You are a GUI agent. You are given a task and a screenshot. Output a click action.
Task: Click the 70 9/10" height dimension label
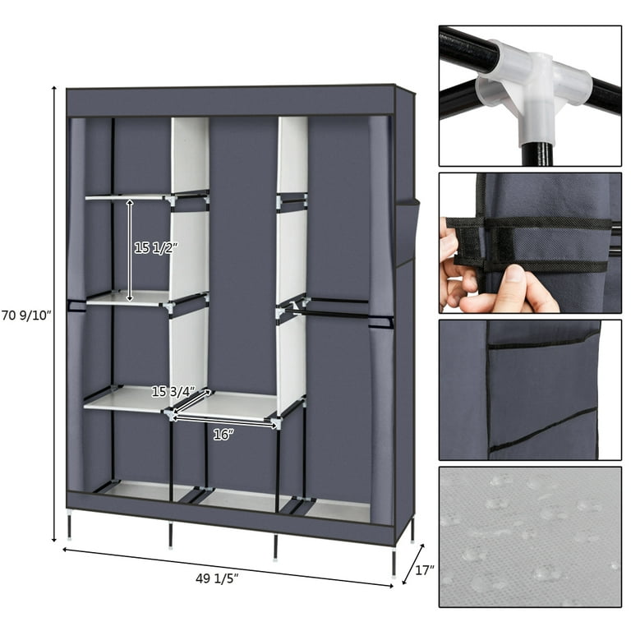pos(26,314)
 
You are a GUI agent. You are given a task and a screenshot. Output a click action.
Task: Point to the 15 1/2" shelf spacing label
pos(157,247)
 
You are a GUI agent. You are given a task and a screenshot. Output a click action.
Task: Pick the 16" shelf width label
pos(223,435)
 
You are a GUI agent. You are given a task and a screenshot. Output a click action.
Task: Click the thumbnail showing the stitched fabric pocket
pos(529,389)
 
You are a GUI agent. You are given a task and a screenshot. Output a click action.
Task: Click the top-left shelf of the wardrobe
pos(127,196)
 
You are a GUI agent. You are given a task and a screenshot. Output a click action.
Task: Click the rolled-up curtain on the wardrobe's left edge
pos(76,312)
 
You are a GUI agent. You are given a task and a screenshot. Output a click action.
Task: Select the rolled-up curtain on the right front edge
pos(380,320)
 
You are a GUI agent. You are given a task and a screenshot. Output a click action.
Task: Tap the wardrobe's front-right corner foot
pos(394,564)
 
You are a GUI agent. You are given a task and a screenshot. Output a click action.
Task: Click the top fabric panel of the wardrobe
pos(230,100)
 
